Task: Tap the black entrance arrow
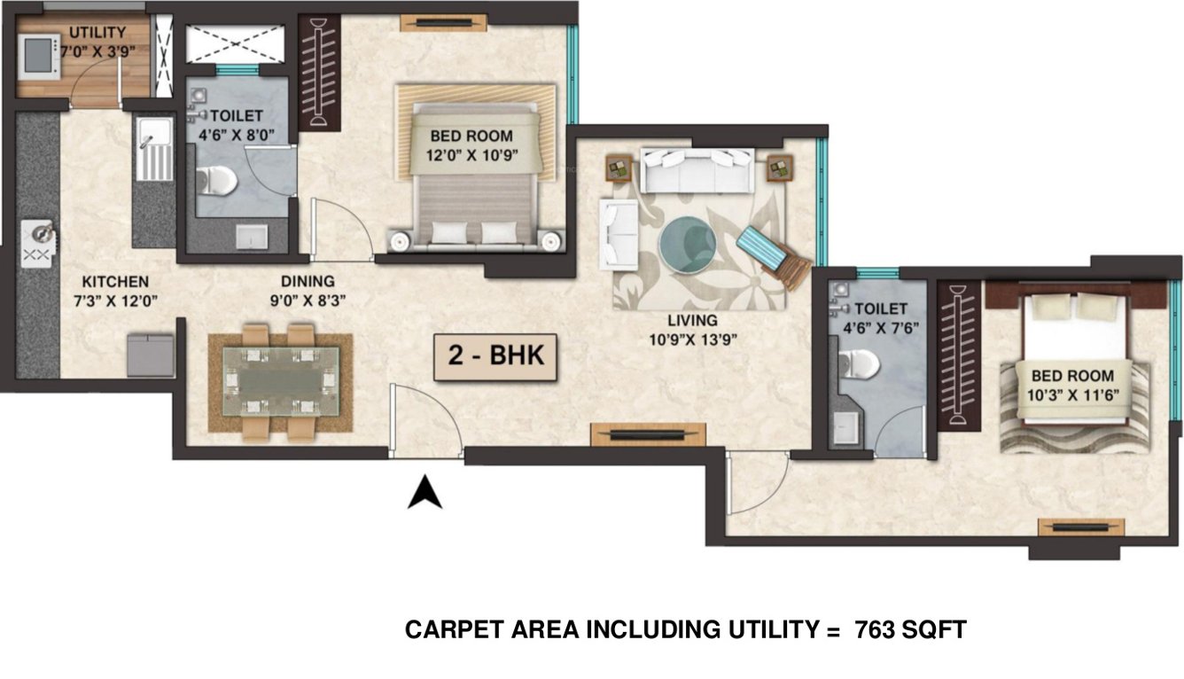coord(425,493)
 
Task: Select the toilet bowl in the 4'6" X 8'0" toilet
coord(217,181)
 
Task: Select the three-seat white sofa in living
coord(697,170)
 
